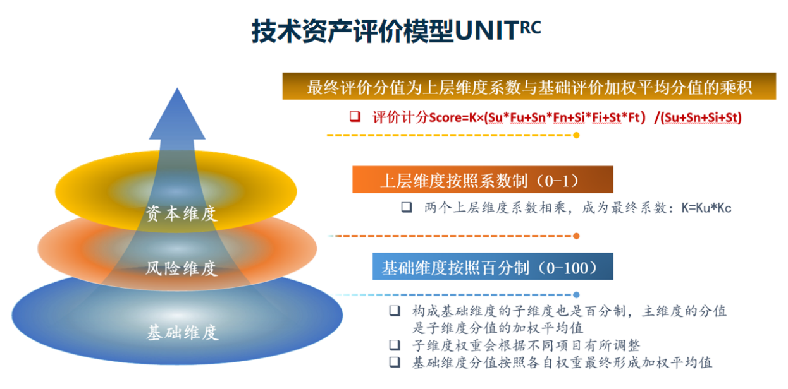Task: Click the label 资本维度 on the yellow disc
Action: click(182, 213)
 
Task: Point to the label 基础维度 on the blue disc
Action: click(182, 332)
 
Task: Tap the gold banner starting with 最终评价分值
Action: click(529, 87)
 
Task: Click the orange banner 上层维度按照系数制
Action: click(482, 181)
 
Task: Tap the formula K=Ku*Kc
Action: click(706, 208)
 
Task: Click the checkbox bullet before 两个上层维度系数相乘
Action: click(407, 207)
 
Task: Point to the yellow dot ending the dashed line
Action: click(576, 135)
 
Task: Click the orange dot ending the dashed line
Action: click(576, 236)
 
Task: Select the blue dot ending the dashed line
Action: click(576, 295)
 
